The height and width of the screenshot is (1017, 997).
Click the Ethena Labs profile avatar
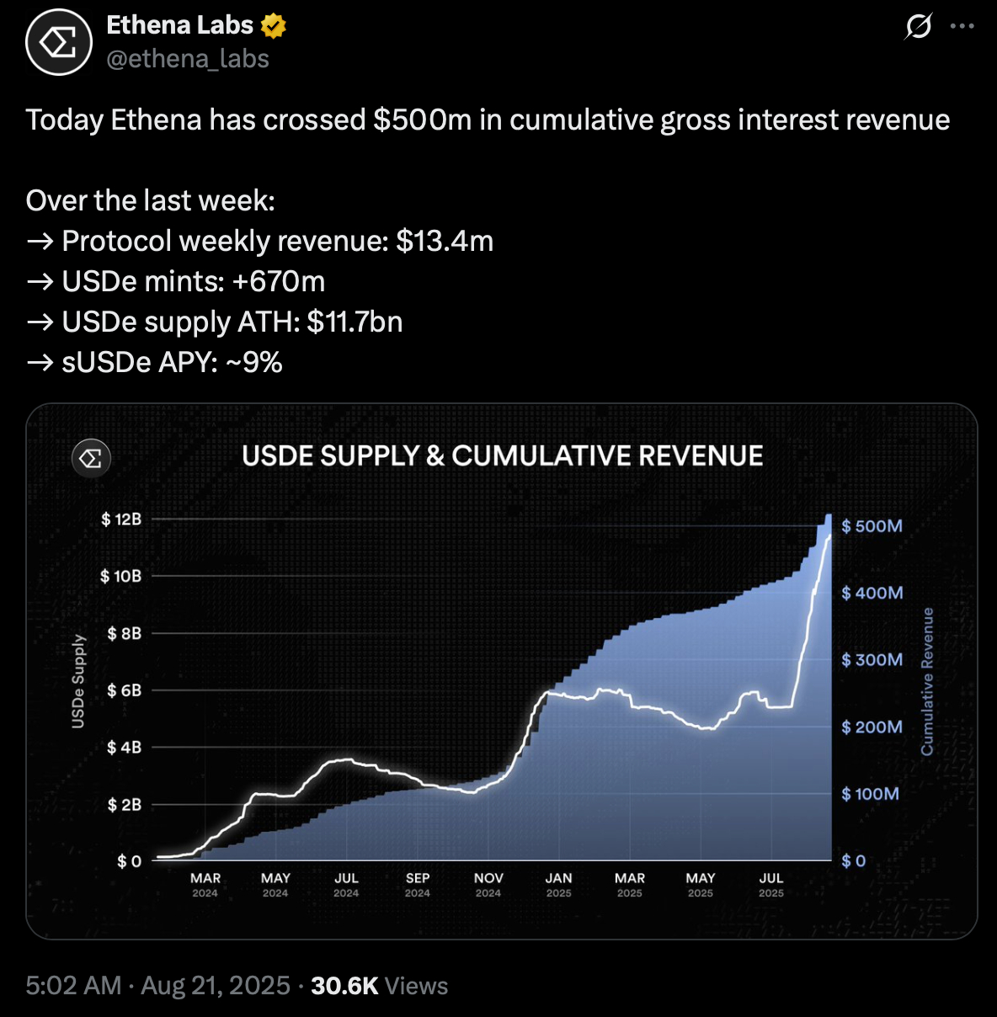58,42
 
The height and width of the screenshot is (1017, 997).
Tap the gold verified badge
273,26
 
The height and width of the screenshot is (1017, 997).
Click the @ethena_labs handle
188,59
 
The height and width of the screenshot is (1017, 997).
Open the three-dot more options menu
962,26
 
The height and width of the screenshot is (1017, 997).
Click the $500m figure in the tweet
422,120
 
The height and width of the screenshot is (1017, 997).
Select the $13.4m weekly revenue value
445,242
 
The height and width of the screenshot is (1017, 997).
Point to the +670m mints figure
279,282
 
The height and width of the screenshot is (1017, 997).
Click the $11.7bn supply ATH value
355,322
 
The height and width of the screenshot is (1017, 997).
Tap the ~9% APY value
254,363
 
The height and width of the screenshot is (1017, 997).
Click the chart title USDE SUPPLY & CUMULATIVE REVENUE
502,456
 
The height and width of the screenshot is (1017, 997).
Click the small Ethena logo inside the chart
91,458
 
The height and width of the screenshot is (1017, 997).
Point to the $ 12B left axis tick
121,519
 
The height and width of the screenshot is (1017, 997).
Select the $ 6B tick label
124,690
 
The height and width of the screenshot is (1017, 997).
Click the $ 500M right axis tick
872,526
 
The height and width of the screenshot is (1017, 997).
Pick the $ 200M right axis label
872,727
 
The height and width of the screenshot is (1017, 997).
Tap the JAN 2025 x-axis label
558,884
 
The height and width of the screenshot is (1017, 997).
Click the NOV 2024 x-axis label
488,884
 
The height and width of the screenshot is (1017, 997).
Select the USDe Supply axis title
78,681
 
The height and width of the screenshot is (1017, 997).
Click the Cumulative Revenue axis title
927,681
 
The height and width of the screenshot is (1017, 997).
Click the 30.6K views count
344,986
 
